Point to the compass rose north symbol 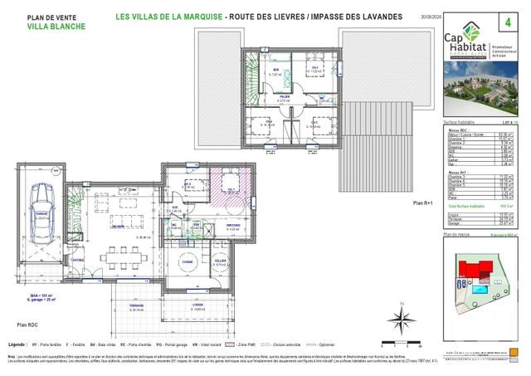[399, 318]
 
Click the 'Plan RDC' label [27, 326]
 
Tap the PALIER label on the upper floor [284, 96]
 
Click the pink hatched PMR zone [224, 186]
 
